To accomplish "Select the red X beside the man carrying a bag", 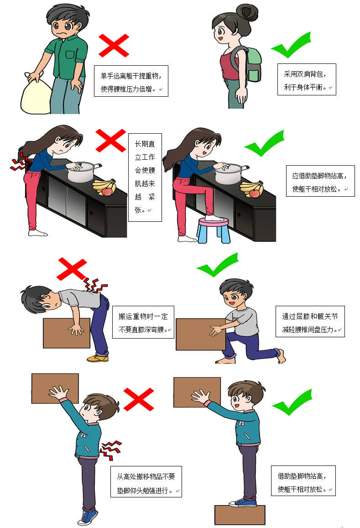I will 114,44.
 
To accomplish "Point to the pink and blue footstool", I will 213,229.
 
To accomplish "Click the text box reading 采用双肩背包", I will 307,79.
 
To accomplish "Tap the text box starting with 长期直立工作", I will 145,177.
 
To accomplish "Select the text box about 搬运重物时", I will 143,322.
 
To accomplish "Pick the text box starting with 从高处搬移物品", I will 146,481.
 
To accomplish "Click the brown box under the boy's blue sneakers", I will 240,514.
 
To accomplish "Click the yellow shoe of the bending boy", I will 98,358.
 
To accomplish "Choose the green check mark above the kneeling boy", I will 218,266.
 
